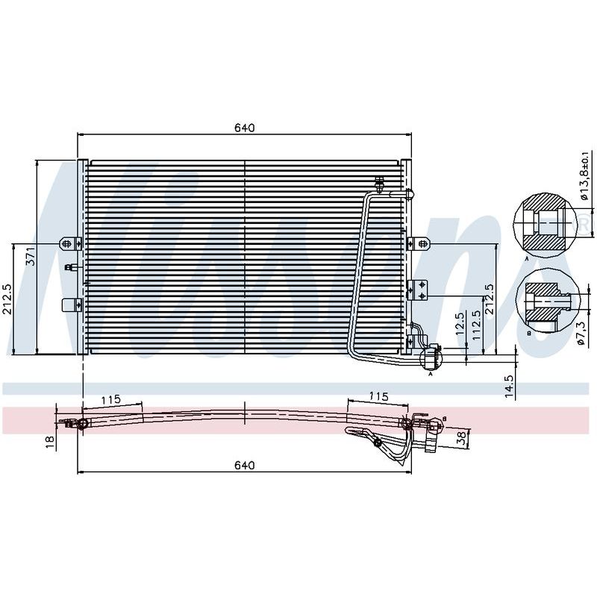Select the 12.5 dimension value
pos(460,324)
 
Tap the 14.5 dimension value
pos(510,387)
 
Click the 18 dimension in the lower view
pos(50,442)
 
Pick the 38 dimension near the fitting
pos(461,439)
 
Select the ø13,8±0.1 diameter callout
pos(584,175)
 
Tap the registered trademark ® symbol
pos(586,223)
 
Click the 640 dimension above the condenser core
pos(244,128)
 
